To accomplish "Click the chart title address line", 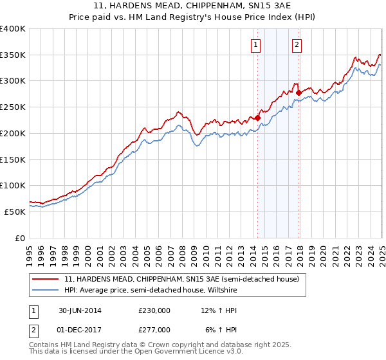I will pos(192,6).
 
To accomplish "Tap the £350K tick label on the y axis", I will pos(13,55).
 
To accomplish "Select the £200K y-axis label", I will pos(13,133).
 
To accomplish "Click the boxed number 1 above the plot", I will pos(256,44).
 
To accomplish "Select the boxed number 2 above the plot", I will pos(297,44).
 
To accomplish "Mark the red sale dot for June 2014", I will pos(257,118).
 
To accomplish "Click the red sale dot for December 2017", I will pos(299,93).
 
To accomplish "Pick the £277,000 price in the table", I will pos(154,330).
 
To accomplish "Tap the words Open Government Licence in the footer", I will pos(174,352).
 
